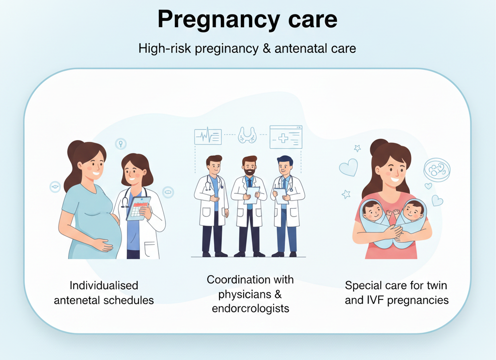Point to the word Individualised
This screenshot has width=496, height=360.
(104, 285)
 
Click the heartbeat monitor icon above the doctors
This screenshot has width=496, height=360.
(208, 136)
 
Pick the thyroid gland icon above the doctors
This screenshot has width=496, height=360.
(247, 135)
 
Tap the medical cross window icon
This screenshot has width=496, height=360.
(286, 137)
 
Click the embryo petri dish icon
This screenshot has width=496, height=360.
(436, 170)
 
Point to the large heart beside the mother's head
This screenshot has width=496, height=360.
(348, 167)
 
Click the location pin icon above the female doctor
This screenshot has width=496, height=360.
(121, 143)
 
